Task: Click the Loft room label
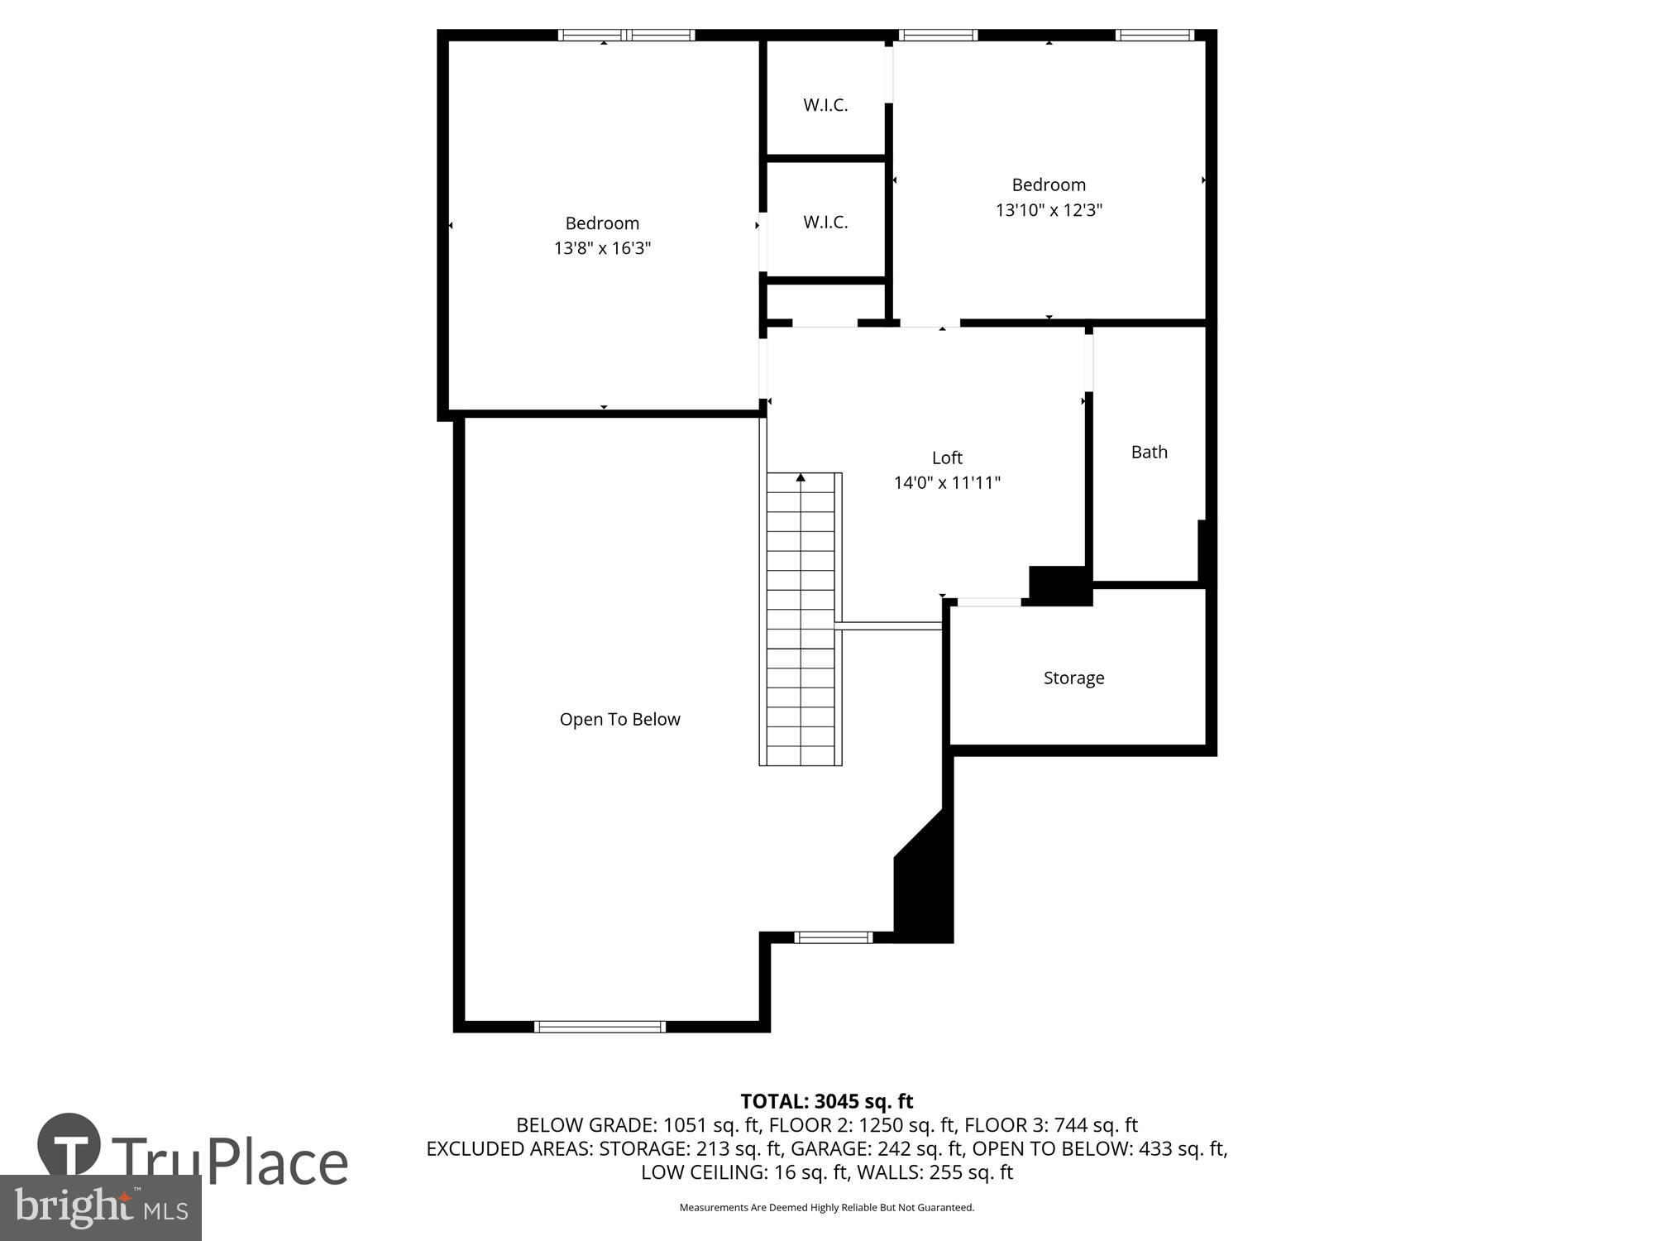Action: point(947,458)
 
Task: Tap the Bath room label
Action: point(1149,452)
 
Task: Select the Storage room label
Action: point(1073,678)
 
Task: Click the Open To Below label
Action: point(619,719)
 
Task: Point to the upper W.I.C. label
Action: point(825,105)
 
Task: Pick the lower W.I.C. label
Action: point(825,222)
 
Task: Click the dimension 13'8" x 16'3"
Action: point(602,248)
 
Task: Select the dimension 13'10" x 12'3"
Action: point(1049,210)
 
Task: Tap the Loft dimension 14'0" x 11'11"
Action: point(947,482)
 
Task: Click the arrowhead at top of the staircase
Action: point(801,477)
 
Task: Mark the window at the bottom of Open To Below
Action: point(600,1027)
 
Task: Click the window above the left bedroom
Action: point(626,35)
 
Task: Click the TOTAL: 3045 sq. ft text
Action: point(826,1101)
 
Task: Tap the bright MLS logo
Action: point(100,1209)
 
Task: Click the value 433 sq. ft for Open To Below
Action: point(1183,1148)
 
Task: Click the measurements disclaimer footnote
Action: point(826,1207)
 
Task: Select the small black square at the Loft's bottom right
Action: point(1059,584)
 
